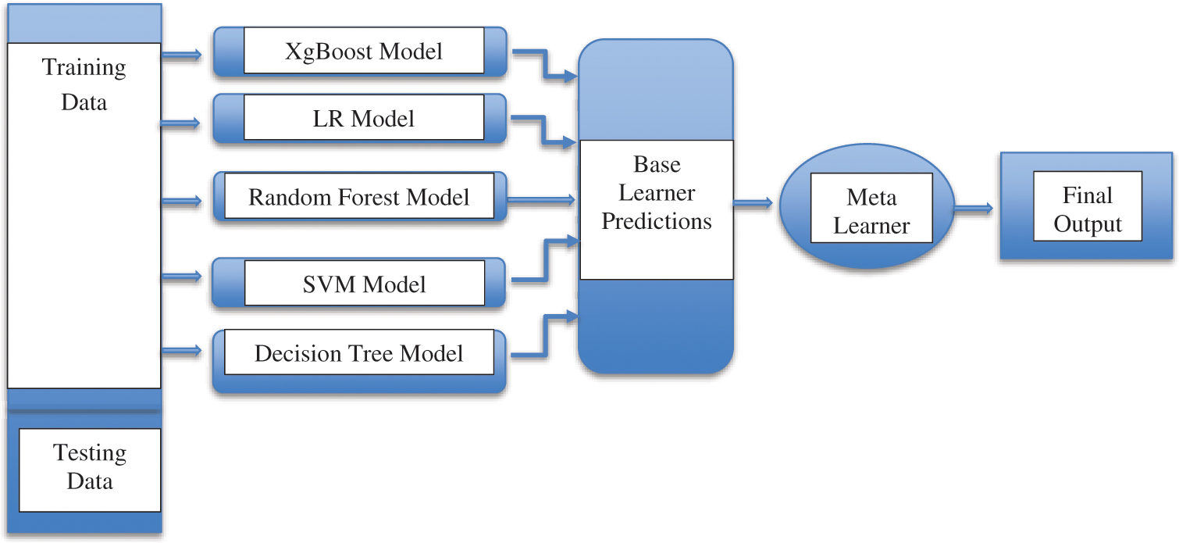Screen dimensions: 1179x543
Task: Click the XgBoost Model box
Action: coord(360,52)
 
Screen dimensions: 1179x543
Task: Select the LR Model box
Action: coord(360,119)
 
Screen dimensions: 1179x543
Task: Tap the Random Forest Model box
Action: coord(360,196)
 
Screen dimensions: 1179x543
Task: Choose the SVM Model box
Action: coord(360,284)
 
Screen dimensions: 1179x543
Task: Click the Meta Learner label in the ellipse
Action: coord(871,211)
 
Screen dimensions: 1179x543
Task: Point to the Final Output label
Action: coord(1088,209)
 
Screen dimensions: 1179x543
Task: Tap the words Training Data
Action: coord(84,84)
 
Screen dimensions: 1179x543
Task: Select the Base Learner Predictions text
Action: coord(657,193)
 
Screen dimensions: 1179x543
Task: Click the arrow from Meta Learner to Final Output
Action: coord(974,209)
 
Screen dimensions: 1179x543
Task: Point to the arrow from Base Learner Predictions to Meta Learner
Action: coord(753,203)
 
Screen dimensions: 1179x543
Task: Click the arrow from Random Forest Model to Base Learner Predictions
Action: coord(541,199)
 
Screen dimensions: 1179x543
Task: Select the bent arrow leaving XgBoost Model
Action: coord(546,64)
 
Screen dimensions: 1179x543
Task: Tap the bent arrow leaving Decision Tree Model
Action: coord(546,336)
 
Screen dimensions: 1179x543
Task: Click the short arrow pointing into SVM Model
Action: coord(182,276)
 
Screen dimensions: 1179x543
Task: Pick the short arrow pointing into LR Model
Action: coord(180,123)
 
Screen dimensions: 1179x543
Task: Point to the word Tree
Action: coord(372,353)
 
